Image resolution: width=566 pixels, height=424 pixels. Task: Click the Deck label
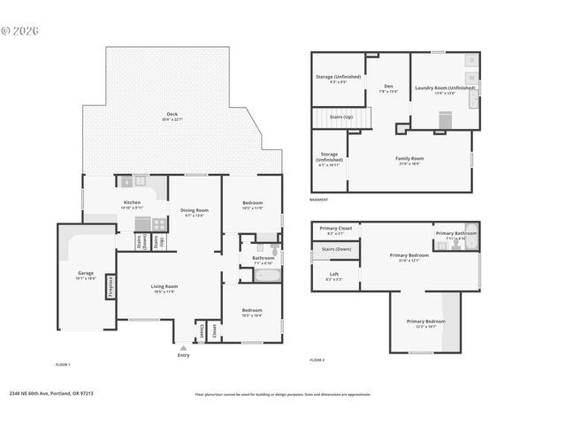(174, 115)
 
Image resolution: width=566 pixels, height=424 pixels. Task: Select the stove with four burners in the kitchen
(158, 224)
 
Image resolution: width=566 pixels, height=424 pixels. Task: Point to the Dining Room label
(193, 212)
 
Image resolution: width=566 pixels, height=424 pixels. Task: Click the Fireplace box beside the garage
(111, 287)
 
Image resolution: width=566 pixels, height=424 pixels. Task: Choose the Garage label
(85, 275)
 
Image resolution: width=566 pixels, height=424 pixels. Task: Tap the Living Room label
(164, 289)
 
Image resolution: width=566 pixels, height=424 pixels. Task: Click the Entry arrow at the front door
(183, 348)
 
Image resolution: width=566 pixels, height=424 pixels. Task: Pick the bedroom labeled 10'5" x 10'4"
(252, 312)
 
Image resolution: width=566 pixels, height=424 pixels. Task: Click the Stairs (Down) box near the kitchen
(142, 244)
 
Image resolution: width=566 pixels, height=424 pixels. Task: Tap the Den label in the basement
(388, 88)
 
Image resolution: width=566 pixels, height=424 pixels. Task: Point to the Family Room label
(409, 160)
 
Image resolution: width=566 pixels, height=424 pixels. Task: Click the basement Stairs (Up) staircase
(328, 117)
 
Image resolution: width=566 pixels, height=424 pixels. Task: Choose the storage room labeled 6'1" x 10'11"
(329, 161)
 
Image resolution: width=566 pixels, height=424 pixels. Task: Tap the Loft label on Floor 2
(333, 276)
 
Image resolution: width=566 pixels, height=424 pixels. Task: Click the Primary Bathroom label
(456, 234)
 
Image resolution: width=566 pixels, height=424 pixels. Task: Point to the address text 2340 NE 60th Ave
(50, 394)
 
